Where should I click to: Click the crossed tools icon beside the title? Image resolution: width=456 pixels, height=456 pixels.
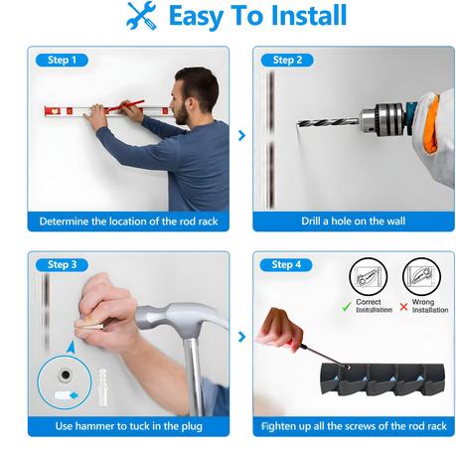(142, 16)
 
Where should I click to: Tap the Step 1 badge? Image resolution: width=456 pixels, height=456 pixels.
(62, 61)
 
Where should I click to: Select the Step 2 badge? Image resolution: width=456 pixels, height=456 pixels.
(287, 61)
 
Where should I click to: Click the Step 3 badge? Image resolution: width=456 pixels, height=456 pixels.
(62, 265)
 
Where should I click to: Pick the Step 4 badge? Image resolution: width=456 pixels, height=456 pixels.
(286, 265)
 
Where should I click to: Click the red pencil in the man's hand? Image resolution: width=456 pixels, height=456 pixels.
(126, 105)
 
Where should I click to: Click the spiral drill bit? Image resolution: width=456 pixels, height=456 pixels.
(328, 122)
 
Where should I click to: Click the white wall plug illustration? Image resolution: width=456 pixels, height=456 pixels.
(103, 386)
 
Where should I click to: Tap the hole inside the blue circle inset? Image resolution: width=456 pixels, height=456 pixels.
(66, 375)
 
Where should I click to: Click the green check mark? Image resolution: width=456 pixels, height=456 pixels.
(347, 306)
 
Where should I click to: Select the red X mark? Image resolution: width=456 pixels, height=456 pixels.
(403, 307)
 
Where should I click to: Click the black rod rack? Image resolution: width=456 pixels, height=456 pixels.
(382, 380)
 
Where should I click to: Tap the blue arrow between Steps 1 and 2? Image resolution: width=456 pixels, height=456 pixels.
(242, 135)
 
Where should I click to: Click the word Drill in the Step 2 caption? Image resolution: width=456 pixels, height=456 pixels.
(310, 221)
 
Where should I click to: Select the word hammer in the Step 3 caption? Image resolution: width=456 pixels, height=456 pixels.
(93, 426)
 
